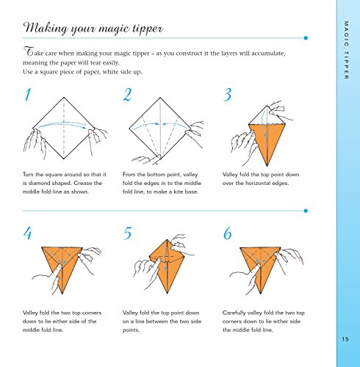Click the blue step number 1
[28, 95]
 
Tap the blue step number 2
[127, 95]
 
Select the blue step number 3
[228, 95]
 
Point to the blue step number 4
[28, 233]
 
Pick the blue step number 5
[128, 233]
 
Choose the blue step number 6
[228, 233]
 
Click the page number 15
[345, 339]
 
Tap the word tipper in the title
[148, 29]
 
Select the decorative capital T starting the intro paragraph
[29, 51]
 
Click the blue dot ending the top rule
[306, 38]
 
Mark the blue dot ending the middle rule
[306, 211]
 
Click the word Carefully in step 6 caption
[234, 313]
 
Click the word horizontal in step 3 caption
[257, 183]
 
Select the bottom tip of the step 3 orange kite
[267, 167]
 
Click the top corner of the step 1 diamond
[64, 98]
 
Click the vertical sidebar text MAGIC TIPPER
[346, 50]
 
